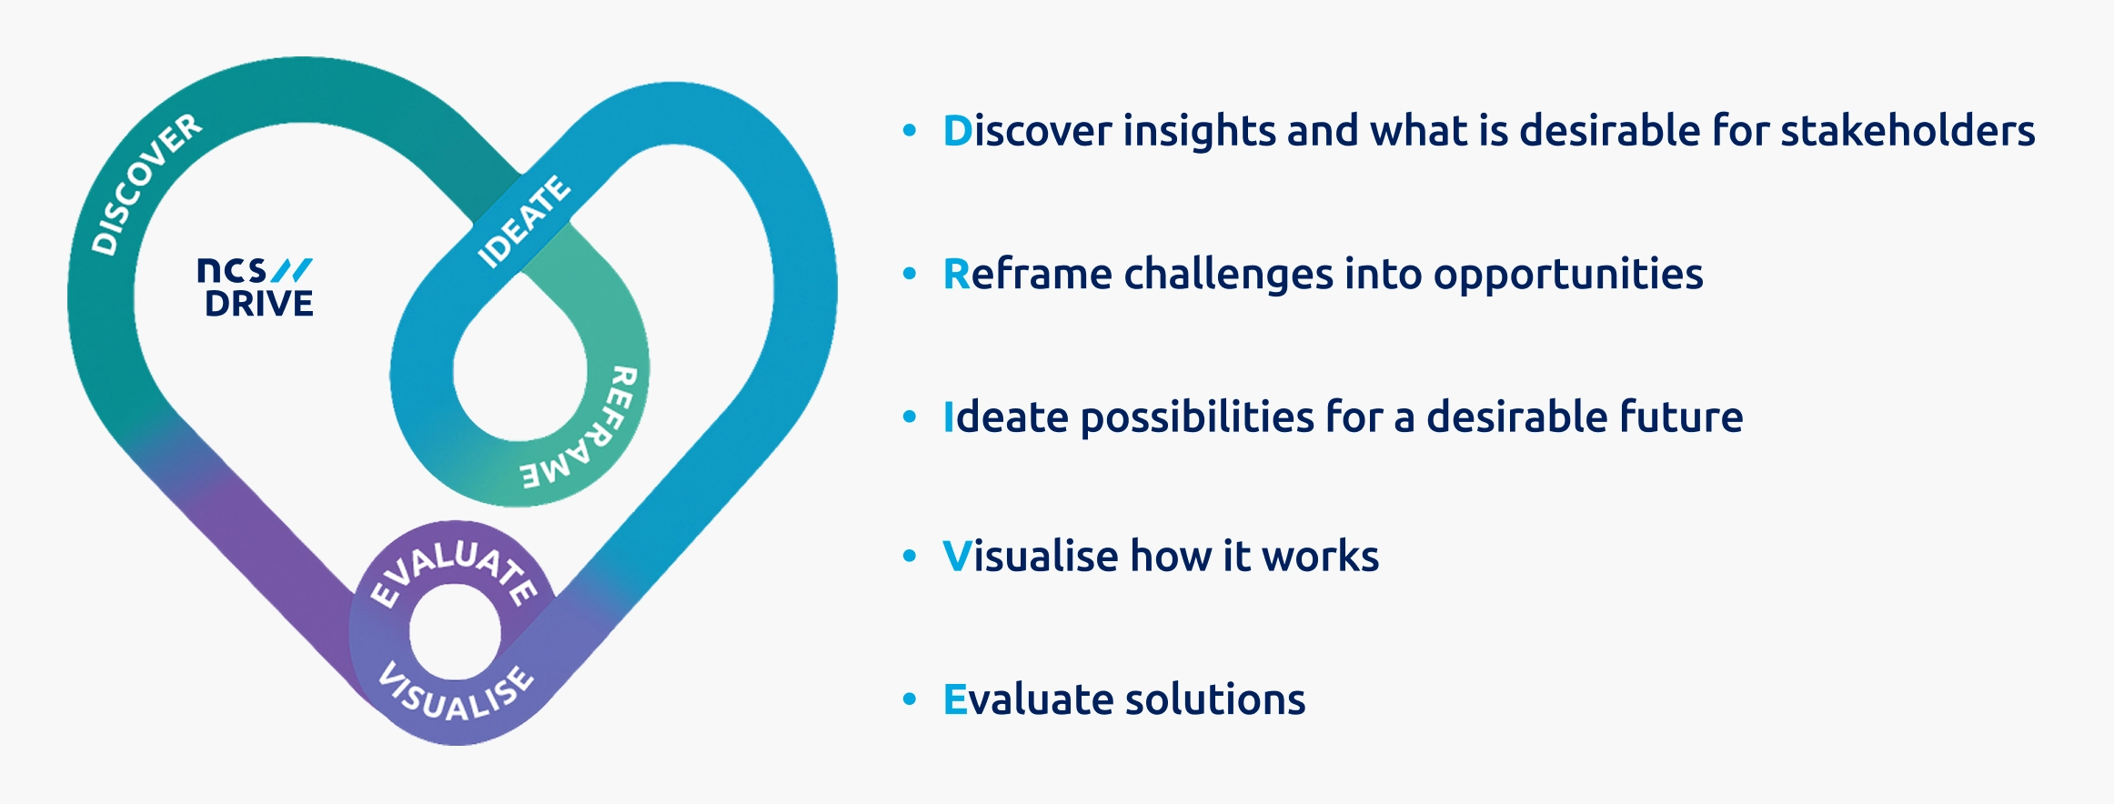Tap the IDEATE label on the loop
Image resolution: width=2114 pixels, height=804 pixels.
525,222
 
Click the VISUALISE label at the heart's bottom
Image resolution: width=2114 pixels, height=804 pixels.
455,693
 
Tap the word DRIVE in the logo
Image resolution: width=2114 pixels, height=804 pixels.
259,304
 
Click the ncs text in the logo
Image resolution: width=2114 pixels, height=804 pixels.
232,270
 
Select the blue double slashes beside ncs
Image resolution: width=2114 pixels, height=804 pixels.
292,270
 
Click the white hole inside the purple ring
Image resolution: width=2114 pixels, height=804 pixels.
455,631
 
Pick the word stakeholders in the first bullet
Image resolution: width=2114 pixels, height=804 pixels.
1908,131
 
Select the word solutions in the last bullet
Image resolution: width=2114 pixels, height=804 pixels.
1215,700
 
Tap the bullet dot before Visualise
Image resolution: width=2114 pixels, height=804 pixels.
910,556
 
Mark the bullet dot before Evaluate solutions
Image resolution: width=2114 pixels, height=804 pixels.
910,699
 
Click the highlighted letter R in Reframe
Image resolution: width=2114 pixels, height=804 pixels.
957,275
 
